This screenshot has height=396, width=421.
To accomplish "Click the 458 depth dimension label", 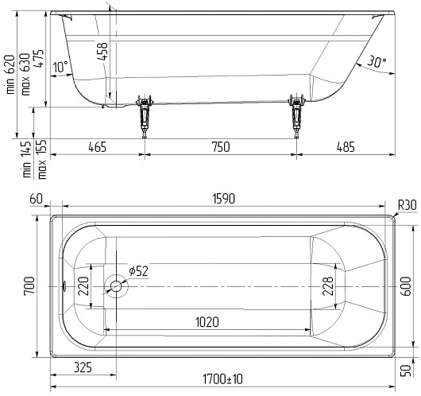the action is (x=102, y=51).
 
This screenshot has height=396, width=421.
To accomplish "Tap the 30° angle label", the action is (x=377, y=61).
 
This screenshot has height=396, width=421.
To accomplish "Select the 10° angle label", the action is (x=60, y=67).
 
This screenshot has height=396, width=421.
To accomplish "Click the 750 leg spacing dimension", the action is (x=221, y=147).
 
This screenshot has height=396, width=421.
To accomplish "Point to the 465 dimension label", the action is (x=97, y=147).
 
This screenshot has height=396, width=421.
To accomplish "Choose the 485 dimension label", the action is (x=346, y=147).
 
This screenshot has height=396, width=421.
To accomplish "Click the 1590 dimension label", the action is (x=224, y=199).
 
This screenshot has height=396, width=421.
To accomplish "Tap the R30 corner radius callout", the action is (x=407, y=205).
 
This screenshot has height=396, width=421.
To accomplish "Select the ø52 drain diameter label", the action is (x=138, y=271).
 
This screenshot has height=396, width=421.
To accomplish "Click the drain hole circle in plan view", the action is (x=116, y=286).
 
